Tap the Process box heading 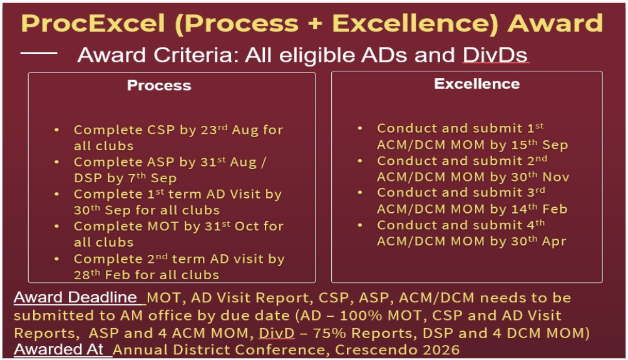point(159,86)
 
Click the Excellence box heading point(477,84)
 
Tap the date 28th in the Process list point(87,274)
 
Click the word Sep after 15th point(555,145)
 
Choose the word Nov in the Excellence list point(556,177)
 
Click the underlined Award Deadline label point(75,297)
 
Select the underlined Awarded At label point(60,349)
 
